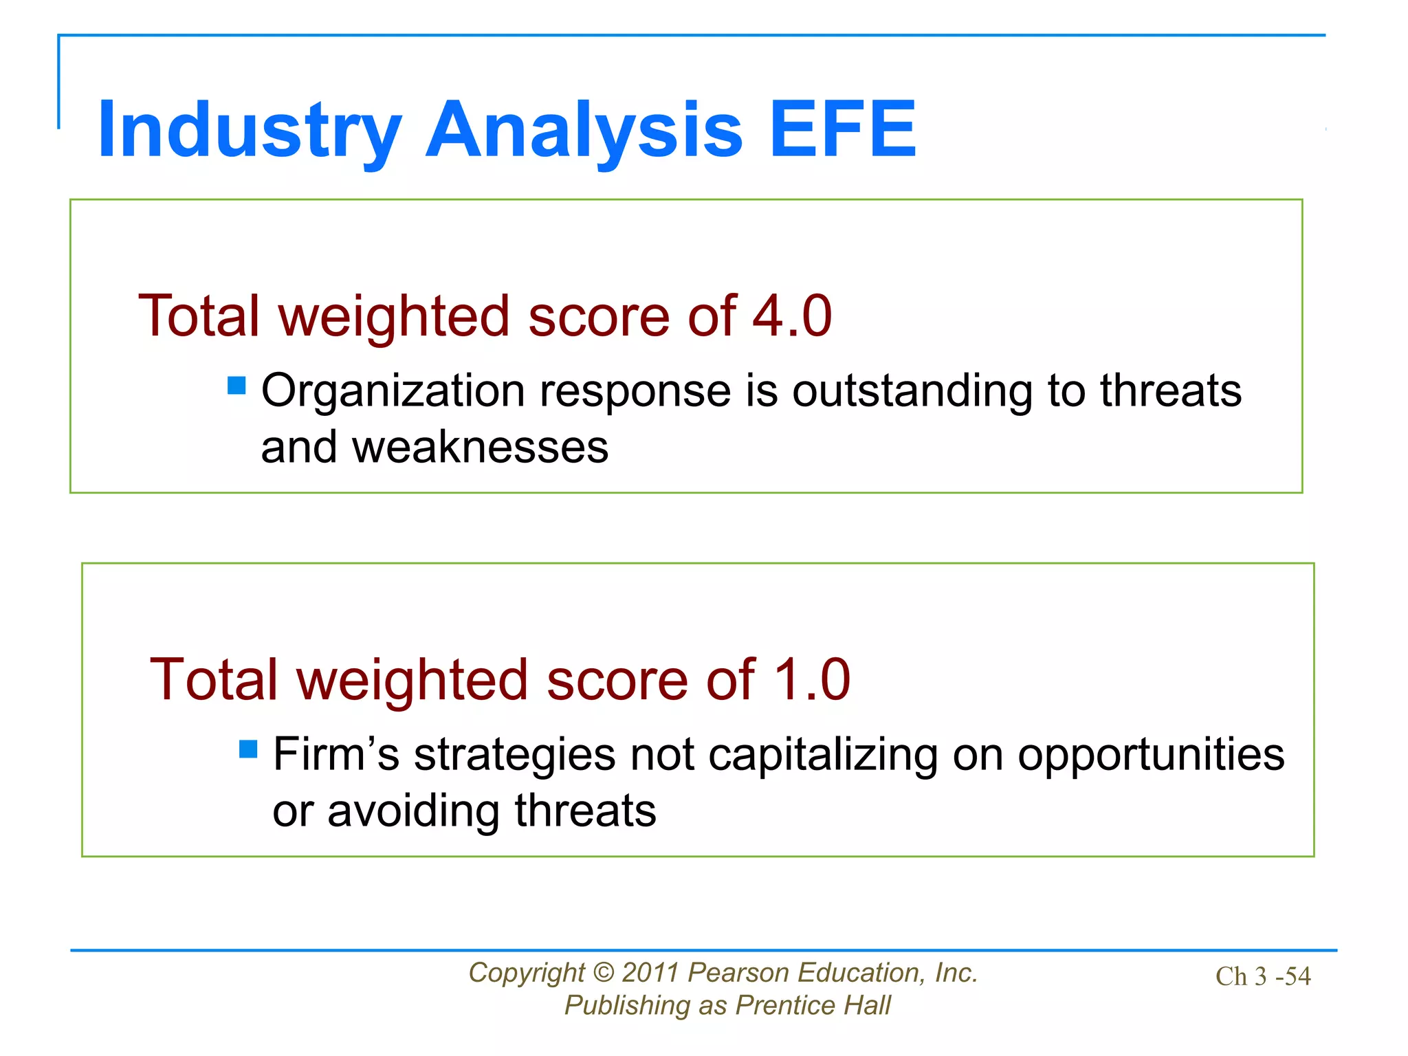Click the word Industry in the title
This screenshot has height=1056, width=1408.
(249, 130)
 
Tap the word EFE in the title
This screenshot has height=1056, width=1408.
(843, 130)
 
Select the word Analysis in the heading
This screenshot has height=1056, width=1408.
(584, 130)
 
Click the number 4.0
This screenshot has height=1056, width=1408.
(792, 316)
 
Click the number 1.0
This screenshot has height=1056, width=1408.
(811, 680)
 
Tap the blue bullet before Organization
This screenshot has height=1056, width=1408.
(236, 385)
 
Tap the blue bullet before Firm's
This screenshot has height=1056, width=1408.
(248, 749)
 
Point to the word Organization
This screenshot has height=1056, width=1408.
(393, 392)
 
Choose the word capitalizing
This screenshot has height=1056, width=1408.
(822, 755)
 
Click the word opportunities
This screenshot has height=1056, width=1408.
(1150, 755)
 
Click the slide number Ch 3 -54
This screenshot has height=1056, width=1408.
(1262, 977)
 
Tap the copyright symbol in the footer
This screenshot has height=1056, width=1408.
(602, 973)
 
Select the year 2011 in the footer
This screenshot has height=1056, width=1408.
(650, 973)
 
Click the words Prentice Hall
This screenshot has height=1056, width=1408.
(813, 1006)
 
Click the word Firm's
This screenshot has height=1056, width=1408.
(335, 755)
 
